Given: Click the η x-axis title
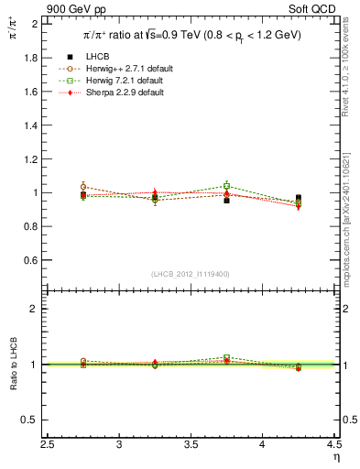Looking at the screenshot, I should tap(336, 457).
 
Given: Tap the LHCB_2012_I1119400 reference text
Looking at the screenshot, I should tap(191, 274).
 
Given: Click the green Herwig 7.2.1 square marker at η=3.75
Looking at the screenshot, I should tap(227, 186).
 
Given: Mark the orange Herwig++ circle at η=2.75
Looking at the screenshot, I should tap(83, 187).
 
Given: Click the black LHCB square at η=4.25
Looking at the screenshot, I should tap(299, 198).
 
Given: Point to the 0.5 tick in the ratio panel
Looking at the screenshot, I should tap(34, 420).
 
